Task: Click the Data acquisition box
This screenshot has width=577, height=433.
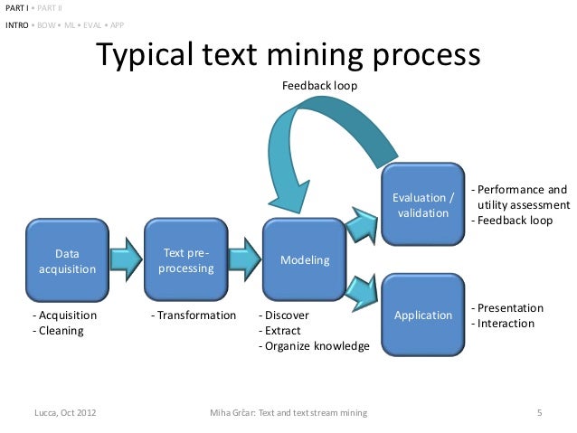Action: pos(67,261)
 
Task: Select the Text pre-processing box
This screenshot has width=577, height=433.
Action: pos(186,261)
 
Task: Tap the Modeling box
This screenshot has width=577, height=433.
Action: pos(305,260)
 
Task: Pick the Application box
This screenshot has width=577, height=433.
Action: pos(422,315)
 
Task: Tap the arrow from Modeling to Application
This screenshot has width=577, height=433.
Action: pos(364,287)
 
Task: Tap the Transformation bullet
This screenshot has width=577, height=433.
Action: pos(193,315)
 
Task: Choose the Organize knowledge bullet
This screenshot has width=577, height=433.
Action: pos(314,346)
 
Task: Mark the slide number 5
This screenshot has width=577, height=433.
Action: pos(539,414)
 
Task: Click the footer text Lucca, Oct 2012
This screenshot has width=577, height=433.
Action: pos(65,414)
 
